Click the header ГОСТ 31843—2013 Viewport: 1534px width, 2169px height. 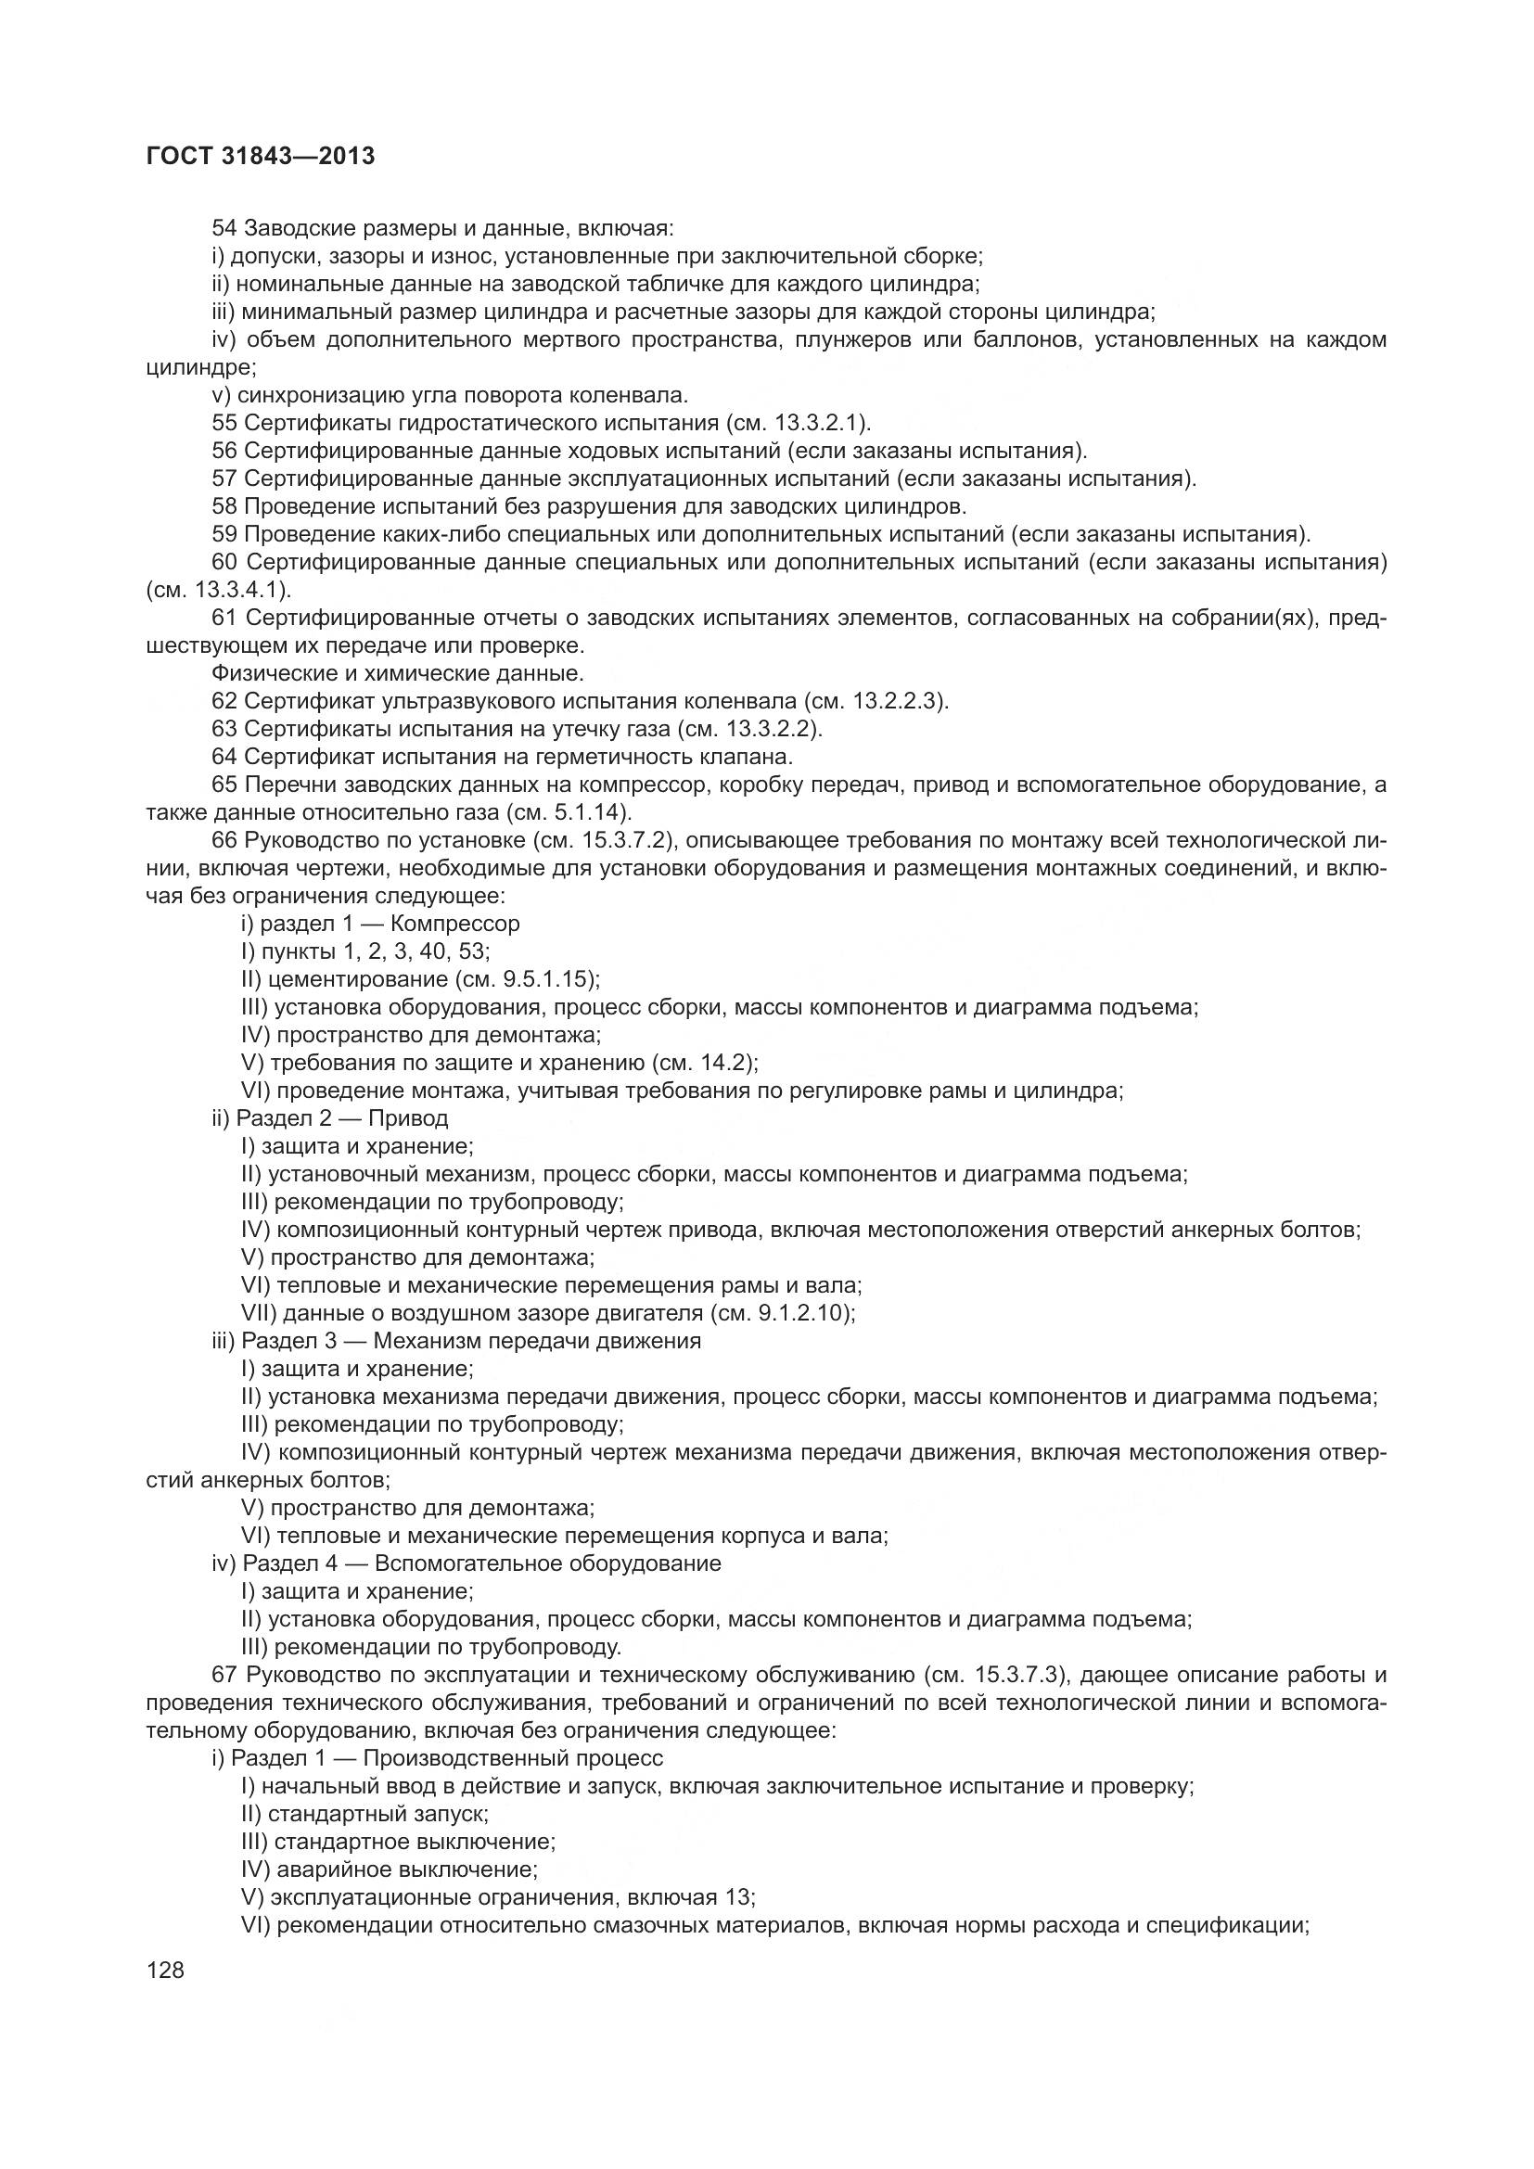pyautogui.click(x=261, y=156)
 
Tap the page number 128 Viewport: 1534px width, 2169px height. pyautogui.click(x=165, y=1970)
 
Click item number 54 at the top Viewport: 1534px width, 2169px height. pyautogui.click(x=224, y=229)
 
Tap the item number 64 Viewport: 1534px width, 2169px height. pyautogui.click(x=224, y=757)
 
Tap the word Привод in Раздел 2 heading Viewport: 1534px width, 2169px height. pyautogui.click(x=408, y=1118)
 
